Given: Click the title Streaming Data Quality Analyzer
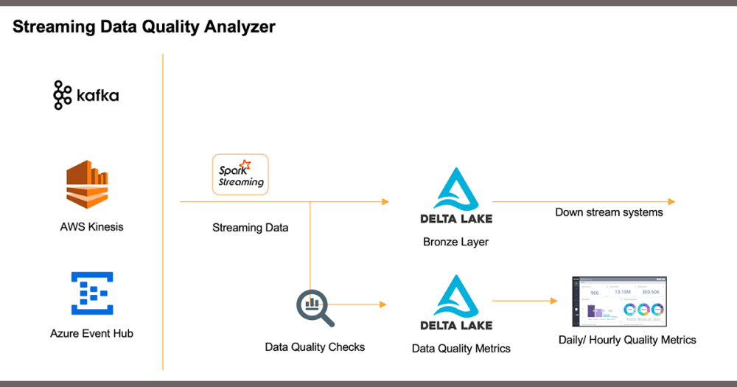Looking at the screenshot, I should [144, 27].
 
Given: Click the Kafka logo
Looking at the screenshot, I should [85, 96].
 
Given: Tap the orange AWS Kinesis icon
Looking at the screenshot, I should [88, 184].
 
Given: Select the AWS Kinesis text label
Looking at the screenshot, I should [91, 227].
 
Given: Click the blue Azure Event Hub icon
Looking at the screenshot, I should [91, 293].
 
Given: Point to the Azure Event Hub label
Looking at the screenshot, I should [91, 333].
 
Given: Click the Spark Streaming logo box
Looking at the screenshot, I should [240, 175].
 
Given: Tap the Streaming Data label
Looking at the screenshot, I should [250, 228].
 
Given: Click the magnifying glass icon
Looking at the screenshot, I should [315, 307].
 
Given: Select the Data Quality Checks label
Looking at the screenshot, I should [315, 346].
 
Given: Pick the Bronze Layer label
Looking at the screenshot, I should [455, 242].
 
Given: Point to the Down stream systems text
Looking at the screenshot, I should [609, 212].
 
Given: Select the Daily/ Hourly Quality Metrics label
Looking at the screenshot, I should [627, 340].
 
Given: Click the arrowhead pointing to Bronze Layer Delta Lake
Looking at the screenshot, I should [384, 201].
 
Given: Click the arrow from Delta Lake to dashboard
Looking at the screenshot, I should [524, 301].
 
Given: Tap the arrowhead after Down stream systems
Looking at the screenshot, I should [671, 201].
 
